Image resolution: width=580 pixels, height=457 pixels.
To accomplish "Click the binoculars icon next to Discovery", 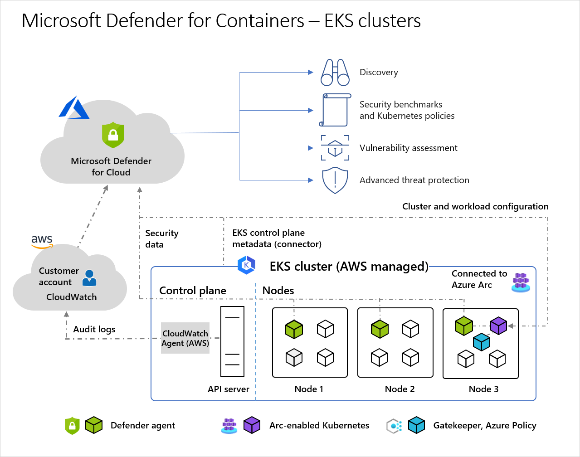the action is [x=335, y=73].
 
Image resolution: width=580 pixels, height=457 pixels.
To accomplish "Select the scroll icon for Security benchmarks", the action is [x=335, y=110].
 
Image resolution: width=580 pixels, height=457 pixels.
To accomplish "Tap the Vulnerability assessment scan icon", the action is [x=335, y=148].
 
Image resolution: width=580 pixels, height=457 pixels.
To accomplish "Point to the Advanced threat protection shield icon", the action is [x=335, y=180].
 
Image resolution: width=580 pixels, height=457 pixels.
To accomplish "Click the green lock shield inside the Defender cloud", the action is [x=113, y=135].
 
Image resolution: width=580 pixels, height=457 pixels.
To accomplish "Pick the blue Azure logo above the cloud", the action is [x=74, y=107].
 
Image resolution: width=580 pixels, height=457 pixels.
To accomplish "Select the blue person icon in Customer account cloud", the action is [x=89, y=278].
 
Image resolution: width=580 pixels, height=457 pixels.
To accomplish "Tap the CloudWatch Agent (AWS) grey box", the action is [x=185, y=338].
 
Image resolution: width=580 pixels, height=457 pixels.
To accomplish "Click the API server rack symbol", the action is [x=232, y=341].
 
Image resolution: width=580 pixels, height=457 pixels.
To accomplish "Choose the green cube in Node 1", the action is [x=294, y=329].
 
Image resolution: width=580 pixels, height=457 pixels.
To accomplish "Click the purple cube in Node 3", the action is [x=499, y=326].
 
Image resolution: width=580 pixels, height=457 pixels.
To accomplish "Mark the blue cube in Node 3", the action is [x=482, y=342].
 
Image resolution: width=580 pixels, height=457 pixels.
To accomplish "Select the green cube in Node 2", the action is [x=380, y=329].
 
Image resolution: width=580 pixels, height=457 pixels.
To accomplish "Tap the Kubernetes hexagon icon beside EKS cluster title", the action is [x=246, y=265].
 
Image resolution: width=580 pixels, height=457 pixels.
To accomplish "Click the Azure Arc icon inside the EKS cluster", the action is [x=521, y=282].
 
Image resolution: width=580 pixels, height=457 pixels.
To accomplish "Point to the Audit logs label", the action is [x=94, y=329].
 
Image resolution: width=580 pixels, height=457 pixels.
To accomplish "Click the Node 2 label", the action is [x=400, y=389].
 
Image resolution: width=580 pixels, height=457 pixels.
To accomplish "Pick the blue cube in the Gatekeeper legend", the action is [x=416, y=425].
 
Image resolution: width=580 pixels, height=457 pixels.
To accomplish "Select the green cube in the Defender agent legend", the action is [x=94, y=425].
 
